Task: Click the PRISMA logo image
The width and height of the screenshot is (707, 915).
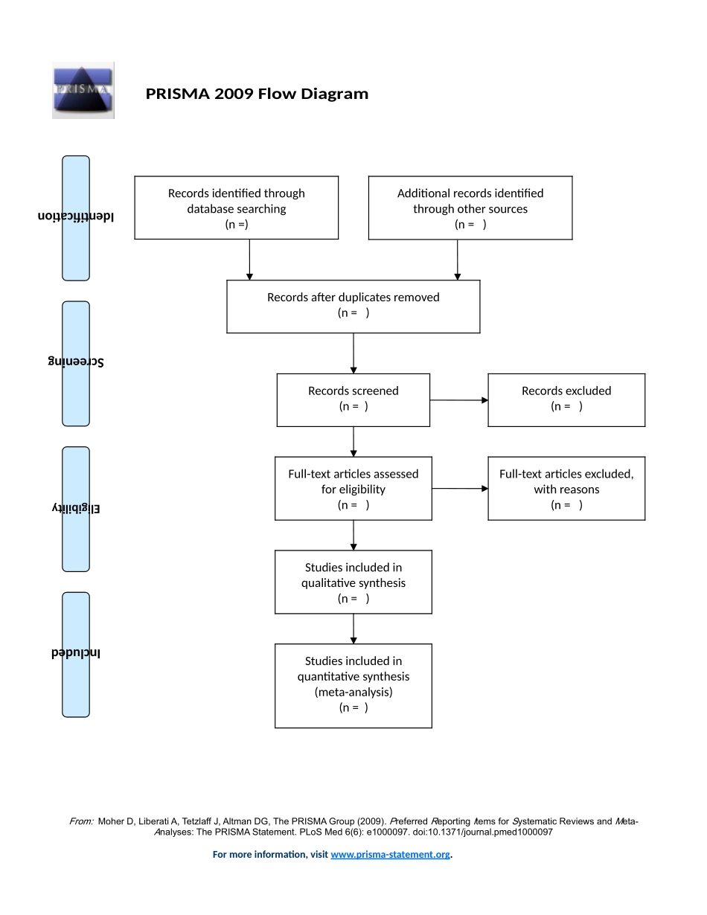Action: click(83, 90)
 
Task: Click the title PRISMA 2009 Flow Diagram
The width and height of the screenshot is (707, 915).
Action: click(257, 94)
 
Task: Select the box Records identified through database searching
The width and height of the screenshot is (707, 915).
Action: click(236, 208)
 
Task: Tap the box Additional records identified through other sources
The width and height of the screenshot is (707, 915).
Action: click(470, 208)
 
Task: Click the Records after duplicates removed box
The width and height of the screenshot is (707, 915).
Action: click(353, 306)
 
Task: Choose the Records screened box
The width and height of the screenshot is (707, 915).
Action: click(353, 399)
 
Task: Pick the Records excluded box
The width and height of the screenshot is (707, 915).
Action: click(566, 399)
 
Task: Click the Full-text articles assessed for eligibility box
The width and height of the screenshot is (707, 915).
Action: click(353, 488)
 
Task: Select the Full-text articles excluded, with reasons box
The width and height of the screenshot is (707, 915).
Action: click(566, 488)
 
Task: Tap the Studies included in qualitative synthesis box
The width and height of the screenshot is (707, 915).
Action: click(353, 582)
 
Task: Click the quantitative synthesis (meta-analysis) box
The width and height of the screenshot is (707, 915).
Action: click(353, 685)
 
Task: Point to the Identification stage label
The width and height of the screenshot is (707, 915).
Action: click(76, 217)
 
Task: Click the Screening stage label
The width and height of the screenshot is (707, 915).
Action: click(76, 362)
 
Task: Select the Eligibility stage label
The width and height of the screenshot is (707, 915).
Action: click(76, 508)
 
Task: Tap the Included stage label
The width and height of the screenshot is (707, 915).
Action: click(76, 653)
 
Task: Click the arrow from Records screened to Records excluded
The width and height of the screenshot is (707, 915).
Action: click(458, 400)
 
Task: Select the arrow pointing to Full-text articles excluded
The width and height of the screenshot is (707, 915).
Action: click(459, 489)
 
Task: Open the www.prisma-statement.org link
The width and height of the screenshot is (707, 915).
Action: click(390, 855)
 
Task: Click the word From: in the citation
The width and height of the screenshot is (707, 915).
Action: click(81, 821)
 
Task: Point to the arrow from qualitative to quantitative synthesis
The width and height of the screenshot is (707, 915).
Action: click(353, 629)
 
